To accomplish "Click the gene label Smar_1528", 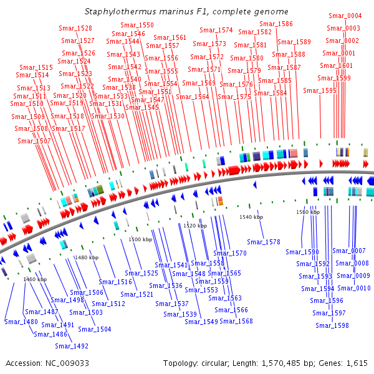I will (75, 29).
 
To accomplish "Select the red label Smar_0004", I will (345, 16).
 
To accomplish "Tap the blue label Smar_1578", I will (264, 242).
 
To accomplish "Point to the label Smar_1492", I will (72, 346).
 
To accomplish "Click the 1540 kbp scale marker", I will (251, 217).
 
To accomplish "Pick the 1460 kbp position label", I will (35, 279).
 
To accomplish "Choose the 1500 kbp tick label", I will (140, 239).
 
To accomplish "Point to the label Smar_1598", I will (332, 325).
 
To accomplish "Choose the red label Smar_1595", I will (319, 91).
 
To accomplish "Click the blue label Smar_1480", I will (21, 322).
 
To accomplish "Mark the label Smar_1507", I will (34, 141).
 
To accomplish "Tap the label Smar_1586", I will (276, 24).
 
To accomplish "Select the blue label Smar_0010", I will (353, 288).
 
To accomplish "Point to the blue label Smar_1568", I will (236, 321).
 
